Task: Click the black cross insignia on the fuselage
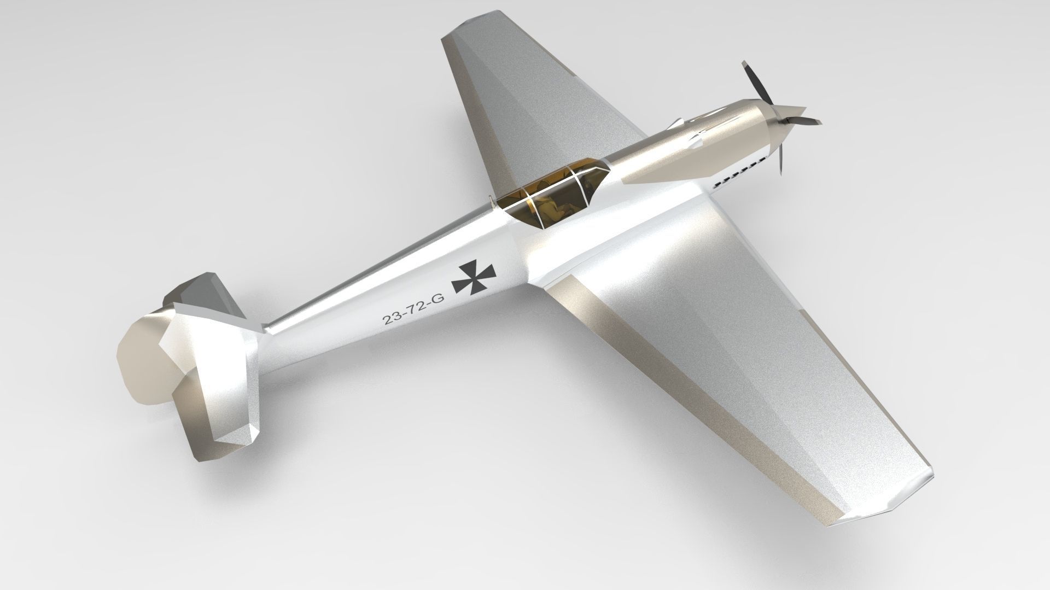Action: pyautogui.click(x=474, y=277)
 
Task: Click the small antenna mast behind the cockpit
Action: pyautogui.click(x=493, y=203)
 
